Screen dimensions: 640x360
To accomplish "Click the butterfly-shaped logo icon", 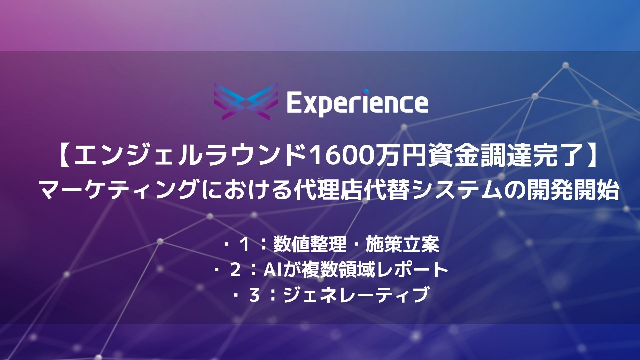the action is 246,102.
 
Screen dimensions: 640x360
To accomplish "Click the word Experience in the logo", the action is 357,103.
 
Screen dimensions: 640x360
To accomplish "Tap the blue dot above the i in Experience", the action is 366,91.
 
